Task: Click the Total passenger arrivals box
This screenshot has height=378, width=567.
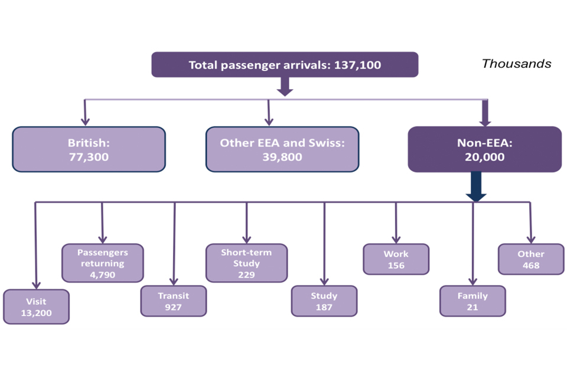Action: tap(285, 64)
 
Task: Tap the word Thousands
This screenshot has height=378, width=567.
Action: tap(516, 63)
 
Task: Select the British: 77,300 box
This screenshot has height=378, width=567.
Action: tap(89, 149)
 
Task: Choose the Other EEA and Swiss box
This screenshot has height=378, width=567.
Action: tap(282, 149)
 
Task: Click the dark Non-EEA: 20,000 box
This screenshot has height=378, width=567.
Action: tap(484, 149)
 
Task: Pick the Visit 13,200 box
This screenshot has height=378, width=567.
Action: tap(36, 307)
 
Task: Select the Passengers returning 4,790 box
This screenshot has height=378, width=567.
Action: tap(103, 263)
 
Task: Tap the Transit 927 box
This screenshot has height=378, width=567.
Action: tap(174, 301)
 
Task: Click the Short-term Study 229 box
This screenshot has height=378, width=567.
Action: tap(246, 263)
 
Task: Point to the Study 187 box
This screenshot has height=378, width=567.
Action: tap(324, 301)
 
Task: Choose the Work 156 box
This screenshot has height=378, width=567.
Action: tap(396, 259)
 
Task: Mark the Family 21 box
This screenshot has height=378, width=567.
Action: tap(472, 301)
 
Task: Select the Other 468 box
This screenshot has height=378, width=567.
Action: tap(530, 259)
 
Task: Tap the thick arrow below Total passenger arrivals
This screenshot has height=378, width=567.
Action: tap(285, 86)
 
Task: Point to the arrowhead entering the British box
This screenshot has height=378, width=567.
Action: tap(85, 122)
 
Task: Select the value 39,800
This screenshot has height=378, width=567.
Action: tap(282, 157)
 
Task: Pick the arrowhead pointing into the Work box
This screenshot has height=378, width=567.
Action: tap(396, 240)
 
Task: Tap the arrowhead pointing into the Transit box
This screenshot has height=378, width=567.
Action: tap(174, 281)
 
